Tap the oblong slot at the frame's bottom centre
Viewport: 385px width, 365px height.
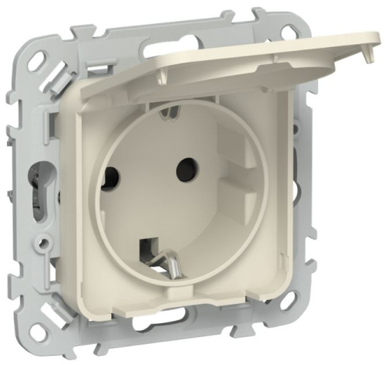[x=190, y=337]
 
